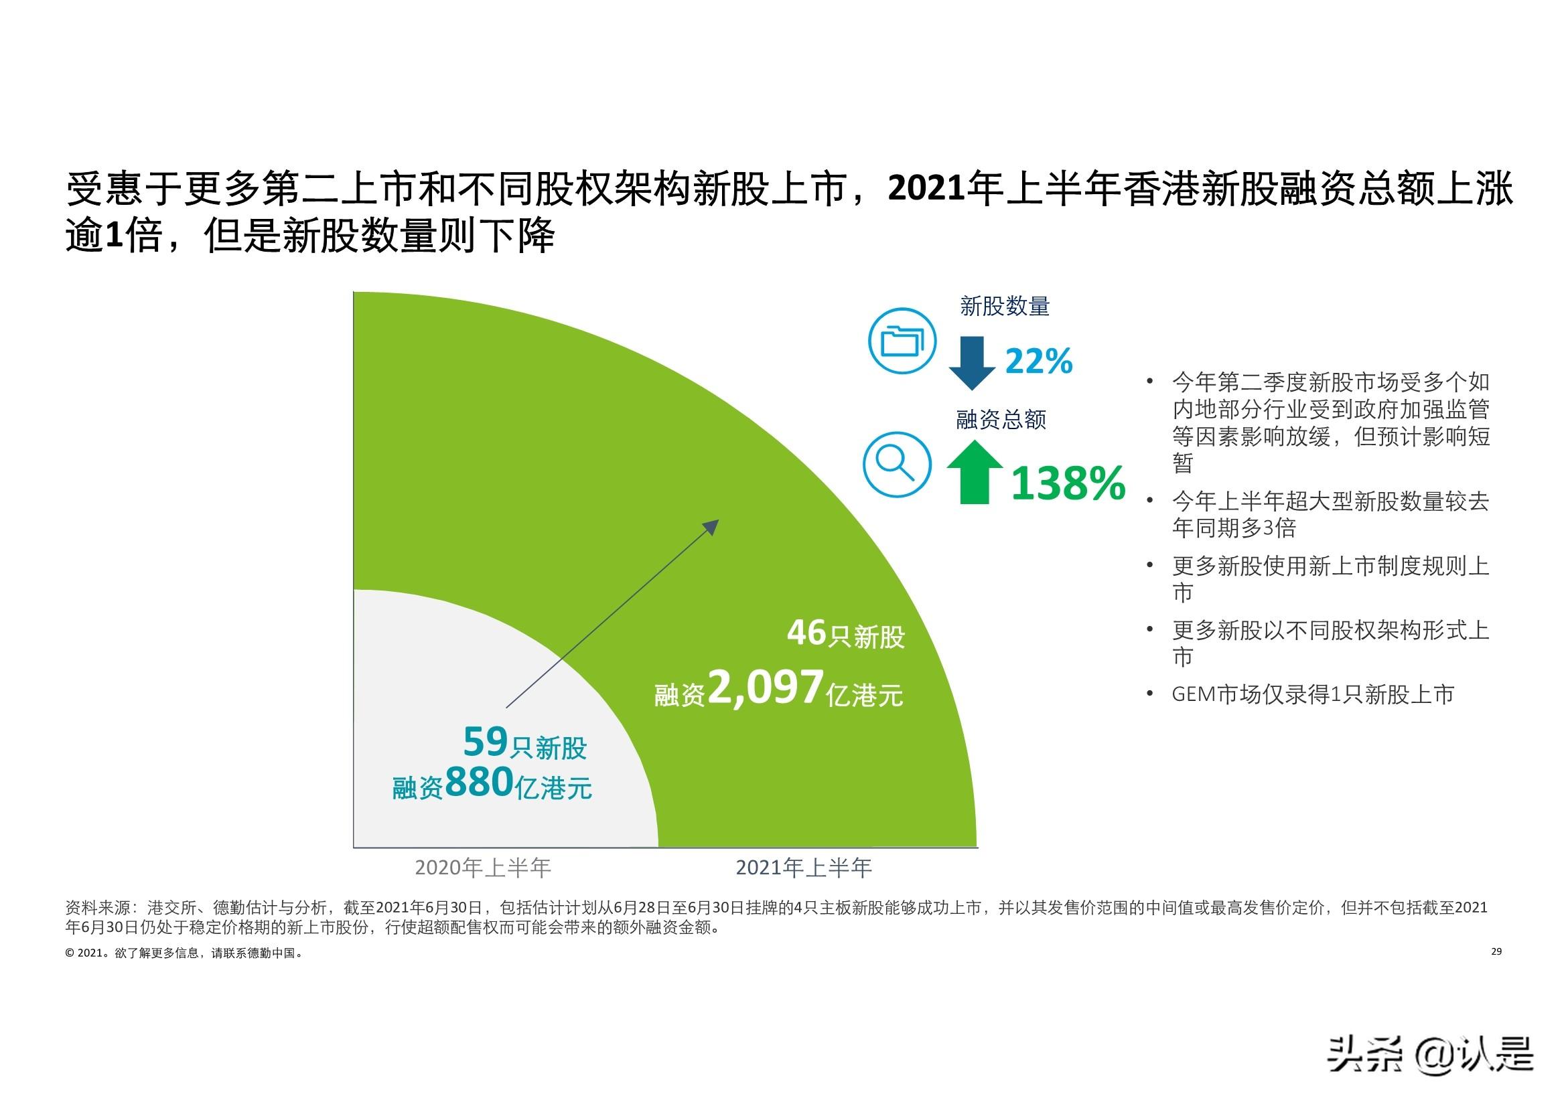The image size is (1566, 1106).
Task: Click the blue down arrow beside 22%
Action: (x=972, y=364)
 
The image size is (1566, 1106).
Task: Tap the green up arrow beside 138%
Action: (x=975, y=473)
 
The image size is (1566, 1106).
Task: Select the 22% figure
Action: (x=1039, y=362)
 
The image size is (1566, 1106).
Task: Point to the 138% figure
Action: (x=1068, y=483)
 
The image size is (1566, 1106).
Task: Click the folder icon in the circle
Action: (x=902, y=340)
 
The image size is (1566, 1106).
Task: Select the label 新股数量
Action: (x=1005, y=307)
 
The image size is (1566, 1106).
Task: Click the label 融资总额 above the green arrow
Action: (x=1001, y=419)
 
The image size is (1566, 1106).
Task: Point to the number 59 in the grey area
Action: (x=486, y=742)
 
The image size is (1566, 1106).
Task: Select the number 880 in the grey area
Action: (x=479, y=781)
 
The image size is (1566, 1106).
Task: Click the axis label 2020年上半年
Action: (x=483, y=868)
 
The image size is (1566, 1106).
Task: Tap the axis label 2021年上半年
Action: (x=804, y=868)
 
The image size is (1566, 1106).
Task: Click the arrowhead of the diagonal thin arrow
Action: (x=712, y=526)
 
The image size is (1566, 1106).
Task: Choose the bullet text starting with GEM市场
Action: (x=1313, y=694)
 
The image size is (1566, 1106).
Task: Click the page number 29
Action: (x=1497, y=951)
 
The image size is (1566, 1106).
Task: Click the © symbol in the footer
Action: (x=70, y=953)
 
